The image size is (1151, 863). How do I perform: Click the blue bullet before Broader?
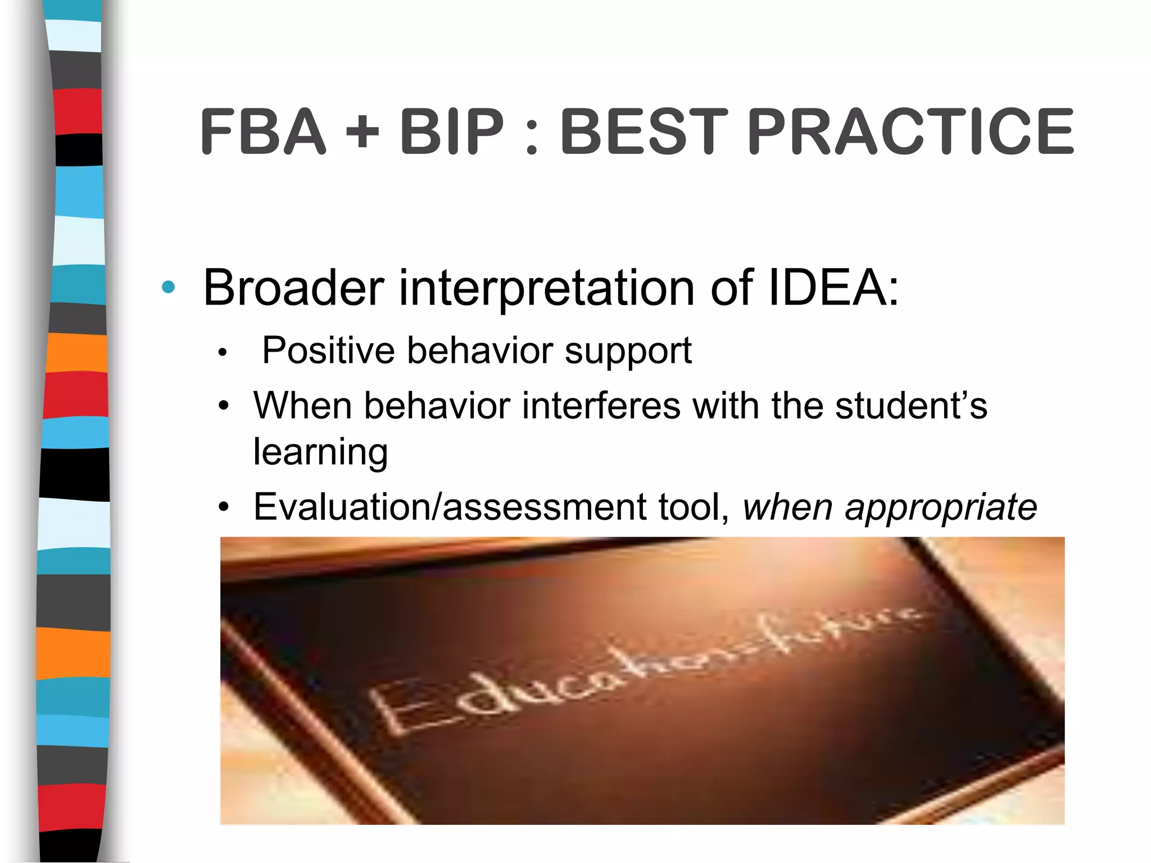pyautogui.click(x=168, y=288)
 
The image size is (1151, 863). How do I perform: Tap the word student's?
pyautogui.click(x=910, y=405)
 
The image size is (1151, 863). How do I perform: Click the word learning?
pyautogui.click(x=320, y=452)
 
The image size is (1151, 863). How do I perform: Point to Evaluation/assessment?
pyautogui.click(x=450, y=507)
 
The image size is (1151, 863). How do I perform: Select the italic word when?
pyautogui.click(x=787, y=507)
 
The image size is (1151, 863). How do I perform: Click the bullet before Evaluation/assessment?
pyautogui.click(x=224, y=507)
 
